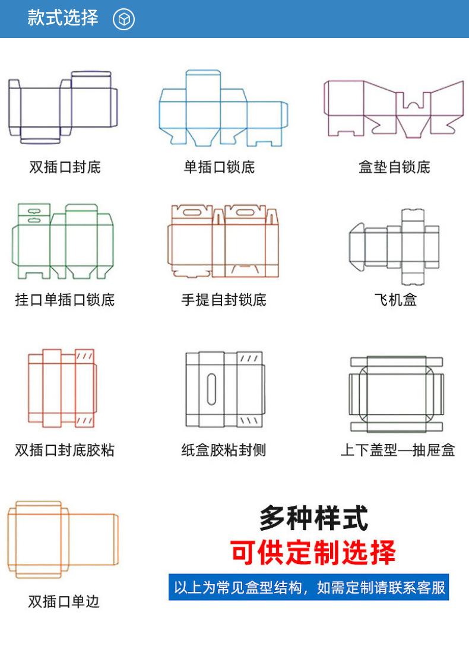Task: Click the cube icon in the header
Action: tap(124, 20)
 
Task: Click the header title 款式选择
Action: tap(62, 18)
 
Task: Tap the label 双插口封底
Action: tap(65, 167)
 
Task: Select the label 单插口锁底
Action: tap(219, 167)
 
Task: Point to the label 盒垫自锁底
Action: tap(394, 167)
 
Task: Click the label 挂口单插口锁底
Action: tap(65, 300)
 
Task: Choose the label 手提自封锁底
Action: tap(224, 300)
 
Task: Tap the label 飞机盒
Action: tap(395, 300)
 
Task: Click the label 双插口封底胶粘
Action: tap(65, 450)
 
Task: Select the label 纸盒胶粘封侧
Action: tap(224, 450)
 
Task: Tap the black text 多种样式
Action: tap(313, 518)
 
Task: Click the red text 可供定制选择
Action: tap(313, 552)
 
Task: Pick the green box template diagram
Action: tap(62, 241)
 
